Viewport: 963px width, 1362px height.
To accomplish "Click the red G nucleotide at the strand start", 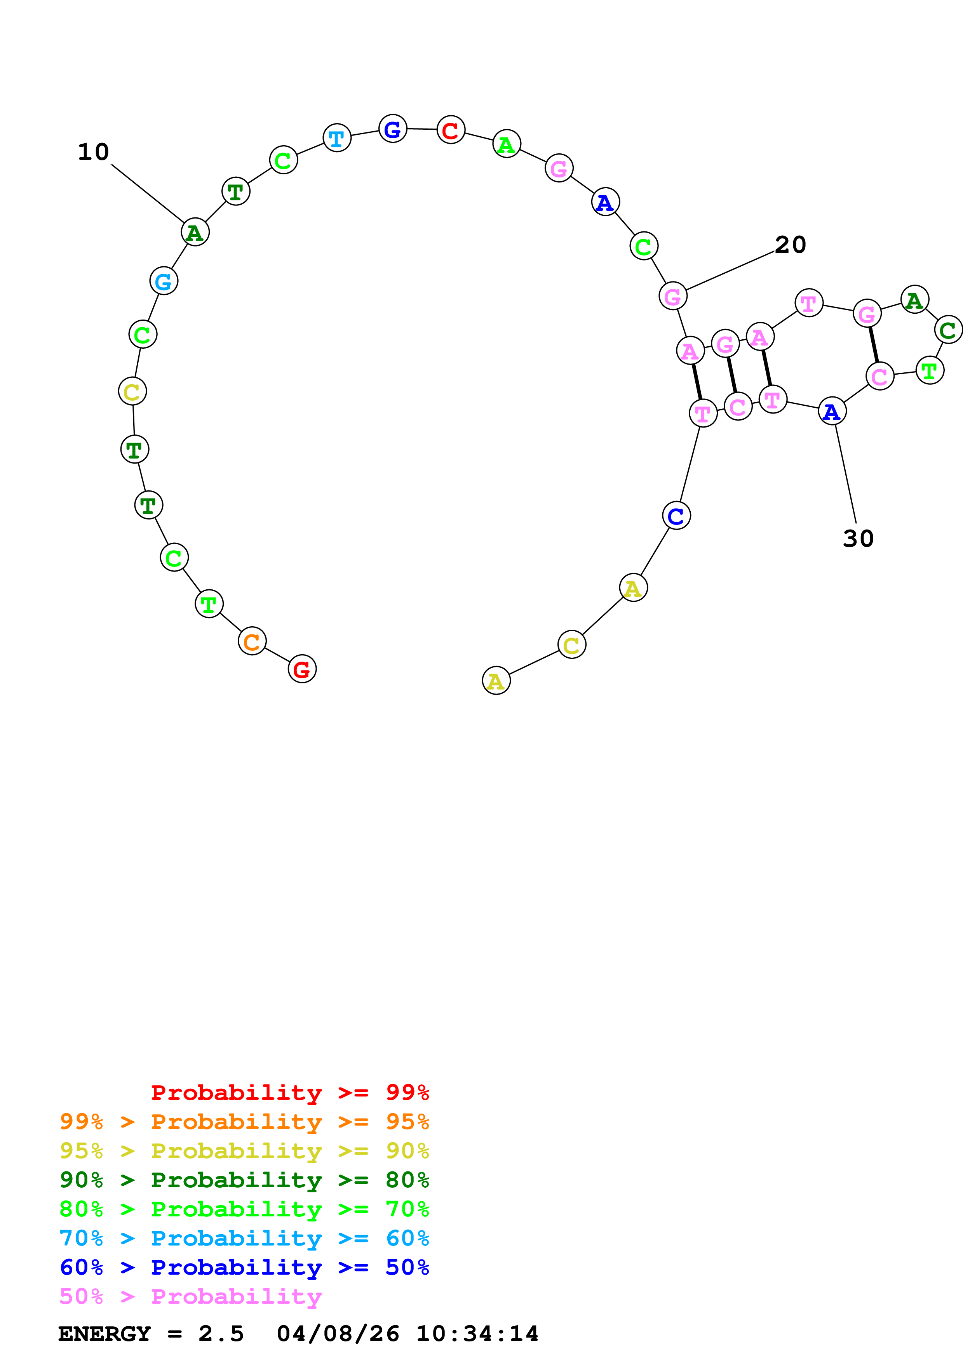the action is [302, 669].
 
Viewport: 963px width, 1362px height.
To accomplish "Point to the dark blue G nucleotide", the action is [393, 129].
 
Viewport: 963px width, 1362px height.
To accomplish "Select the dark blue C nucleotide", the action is [676, 516].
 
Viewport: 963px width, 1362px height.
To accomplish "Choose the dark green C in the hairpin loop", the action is [947, 329].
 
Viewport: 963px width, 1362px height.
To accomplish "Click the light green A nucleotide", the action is [507, 144].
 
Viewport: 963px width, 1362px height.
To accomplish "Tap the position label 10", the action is [94, 152].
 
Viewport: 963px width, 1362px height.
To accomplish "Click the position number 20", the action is [791, 244].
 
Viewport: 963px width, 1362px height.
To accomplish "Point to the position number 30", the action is [858, 538].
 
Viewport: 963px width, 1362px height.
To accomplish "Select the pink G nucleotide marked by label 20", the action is [673, 296].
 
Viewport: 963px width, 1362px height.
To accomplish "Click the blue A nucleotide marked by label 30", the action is [832, 411].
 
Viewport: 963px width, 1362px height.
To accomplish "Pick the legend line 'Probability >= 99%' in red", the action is [289, 1092].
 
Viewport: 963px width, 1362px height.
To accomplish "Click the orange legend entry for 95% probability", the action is [244, 1122].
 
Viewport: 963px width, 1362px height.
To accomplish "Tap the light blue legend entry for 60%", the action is [244, 1238].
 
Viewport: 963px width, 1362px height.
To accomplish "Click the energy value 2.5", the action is [221, 1334].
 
